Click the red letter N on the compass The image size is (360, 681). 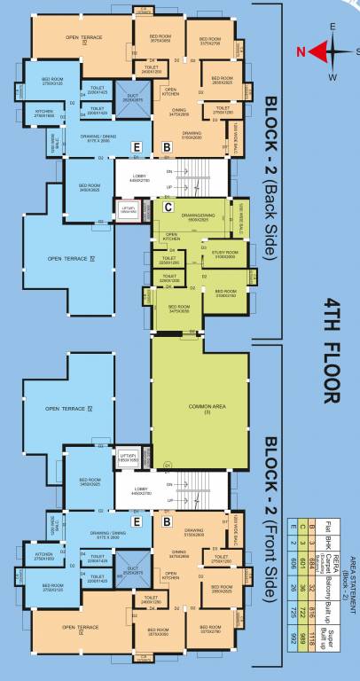(302, 51)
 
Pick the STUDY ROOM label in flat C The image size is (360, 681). (224, 254)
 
